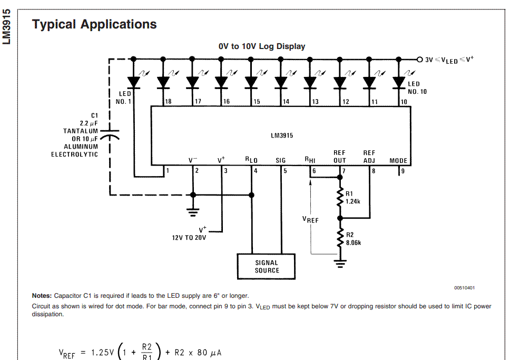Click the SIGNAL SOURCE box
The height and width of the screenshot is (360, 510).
click(x=266, y=267)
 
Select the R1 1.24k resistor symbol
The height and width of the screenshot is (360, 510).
click(x=340, y=197)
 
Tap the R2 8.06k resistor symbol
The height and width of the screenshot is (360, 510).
click(x=340, y=238)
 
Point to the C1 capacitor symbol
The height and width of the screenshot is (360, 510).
click(x=110, y=134)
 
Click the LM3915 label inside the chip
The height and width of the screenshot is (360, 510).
click(x=282, y=135)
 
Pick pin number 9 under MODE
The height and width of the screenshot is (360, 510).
click(x=403, y=171)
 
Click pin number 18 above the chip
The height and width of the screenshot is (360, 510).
click(x=168, y=102)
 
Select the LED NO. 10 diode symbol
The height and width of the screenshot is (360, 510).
click(x=399, y=82)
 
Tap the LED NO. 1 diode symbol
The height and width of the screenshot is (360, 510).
click(x=134, y=82)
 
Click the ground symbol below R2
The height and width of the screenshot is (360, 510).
click(x=340, y=264)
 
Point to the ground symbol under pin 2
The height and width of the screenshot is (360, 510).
click(x=193, y=212)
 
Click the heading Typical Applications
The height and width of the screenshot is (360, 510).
click(x=94, y=24)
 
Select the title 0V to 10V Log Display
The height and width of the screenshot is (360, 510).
click(x=262, y=46)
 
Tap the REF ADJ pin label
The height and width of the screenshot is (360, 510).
click(x=369, y=157)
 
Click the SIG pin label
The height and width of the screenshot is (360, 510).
click(x=280, y=160)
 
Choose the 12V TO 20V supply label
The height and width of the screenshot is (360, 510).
click(x=189, y=238)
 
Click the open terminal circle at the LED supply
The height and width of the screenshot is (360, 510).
click(x=419, y=59)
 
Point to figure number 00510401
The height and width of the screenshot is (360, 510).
click(x=465, y=288)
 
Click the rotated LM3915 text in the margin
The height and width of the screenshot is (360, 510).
click(x=6, y=27)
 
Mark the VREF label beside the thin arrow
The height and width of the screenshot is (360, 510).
click(x=310, y=220)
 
